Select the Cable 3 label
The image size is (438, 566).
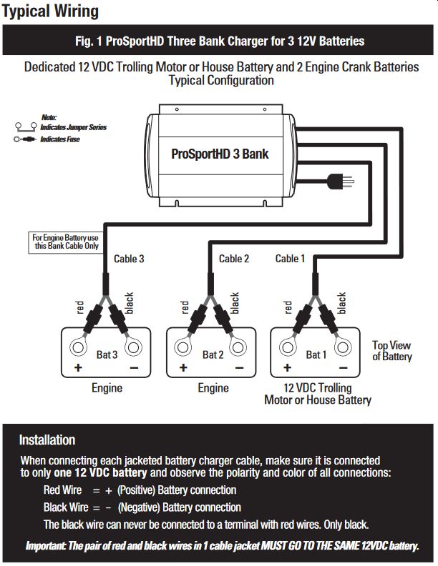pos(129,259)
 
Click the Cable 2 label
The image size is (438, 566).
pos(234,259)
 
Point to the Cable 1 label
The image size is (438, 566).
pos(290,259)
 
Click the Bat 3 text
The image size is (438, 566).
pos(106,354)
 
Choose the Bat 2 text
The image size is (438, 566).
pos(213,354)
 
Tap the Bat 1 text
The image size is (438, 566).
pos(316,354)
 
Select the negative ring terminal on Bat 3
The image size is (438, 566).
pos(132,349)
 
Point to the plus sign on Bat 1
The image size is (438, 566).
pos(286,368)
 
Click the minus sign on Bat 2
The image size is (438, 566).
pos(239,368)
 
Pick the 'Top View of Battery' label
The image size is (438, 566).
pos(391,351)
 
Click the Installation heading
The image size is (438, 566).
pos(47,440)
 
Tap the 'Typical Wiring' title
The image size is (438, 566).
pos(50,11)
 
